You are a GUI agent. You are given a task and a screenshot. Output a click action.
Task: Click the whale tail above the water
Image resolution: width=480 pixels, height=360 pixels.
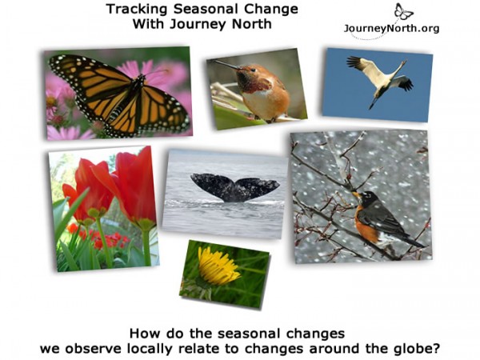pos(234,187)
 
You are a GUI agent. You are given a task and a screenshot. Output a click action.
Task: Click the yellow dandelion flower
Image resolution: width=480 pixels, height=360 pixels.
pos(218,267)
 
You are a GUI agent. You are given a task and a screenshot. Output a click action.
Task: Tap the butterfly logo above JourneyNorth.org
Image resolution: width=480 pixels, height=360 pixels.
pos(403,12)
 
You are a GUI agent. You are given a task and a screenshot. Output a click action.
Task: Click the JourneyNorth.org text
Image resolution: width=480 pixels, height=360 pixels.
pos(391,28)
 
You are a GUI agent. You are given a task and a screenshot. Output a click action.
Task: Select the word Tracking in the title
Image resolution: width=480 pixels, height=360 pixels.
pos(133,10)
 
